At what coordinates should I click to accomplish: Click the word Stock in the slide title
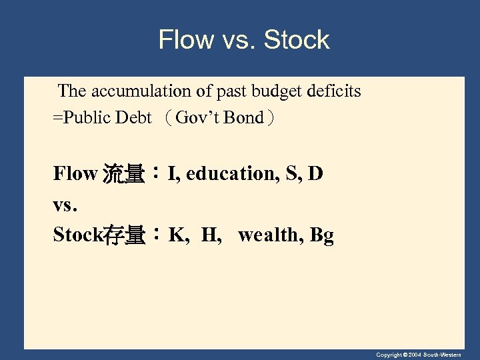tap(297, 40)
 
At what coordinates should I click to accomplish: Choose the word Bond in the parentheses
tap(244, 118)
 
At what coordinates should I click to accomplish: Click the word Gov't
tap(198, 118)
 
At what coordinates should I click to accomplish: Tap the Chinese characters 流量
tap(123, 175)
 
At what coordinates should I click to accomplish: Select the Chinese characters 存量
tap(124, 235)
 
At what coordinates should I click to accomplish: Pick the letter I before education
tap(172, 174)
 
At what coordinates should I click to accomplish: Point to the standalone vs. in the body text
tap(65, 205)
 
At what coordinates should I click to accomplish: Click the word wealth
tap(269, 235)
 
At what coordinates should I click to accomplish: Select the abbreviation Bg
tap(321, 235)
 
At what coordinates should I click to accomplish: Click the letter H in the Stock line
tap(208, 235)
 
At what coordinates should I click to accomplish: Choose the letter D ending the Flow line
tap(316, 174)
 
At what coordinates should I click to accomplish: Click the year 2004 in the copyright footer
tap(418, 355)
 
